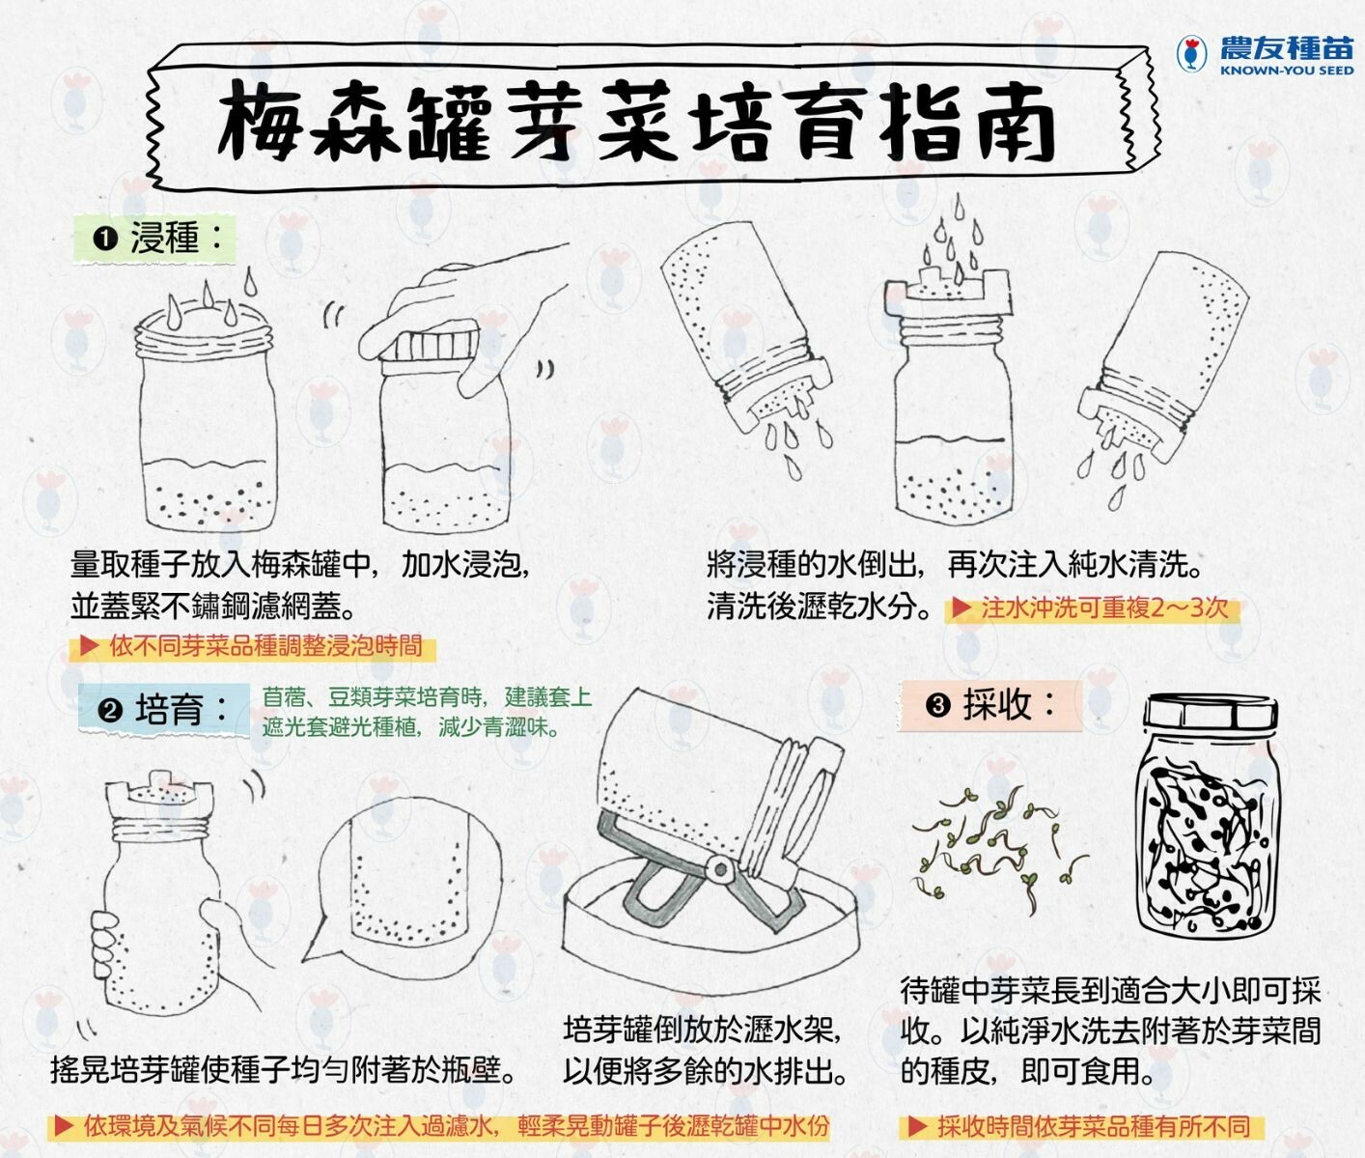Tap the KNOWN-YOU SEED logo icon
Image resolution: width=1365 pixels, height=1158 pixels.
point(1190,53)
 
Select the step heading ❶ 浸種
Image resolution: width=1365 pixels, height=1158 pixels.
point(155,239)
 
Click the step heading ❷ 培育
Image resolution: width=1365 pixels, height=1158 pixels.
point(162,710)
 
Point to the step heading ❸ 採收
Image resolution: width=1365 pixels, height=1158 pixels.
point(989,704)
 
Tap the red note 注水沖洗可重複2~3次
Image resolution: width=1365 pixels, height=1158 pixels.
point(1093,608)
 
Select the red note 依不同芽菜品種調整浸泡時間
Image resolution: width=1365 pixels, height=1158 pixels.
point(253,646)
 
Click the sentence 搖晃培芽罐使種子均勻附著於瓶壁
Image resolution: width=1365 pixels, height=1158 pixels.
point(284,1071)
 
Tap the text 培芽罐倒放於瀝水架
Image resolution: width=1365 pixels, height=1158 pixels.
point(703,1030)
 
